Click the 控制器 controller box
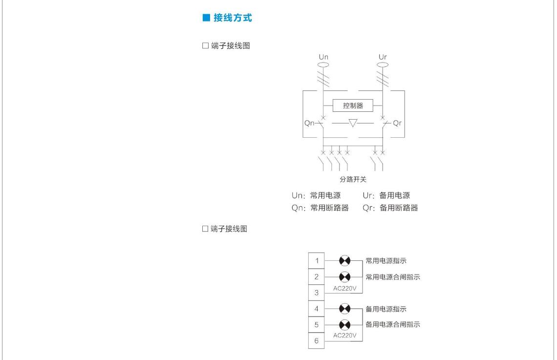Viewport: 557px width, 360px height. click(x=353, y=106)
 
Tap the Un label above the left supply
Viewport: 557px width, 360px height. click(x=323, y=57)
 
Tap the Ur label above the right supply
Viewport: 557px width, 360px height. click(x=383, y=57)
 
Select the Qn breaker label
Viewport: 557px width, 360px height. click(x=309, y=123)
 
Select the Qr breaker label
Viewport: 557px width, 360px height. click(x=397, y=123)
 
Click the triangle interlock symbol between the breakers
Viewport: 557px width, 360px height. click(x=353, y=123)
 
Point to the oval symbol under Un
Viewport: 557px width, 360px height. click(x=323, y=64)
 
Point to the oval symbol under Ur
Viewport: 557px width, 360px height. click(x=383, y=64)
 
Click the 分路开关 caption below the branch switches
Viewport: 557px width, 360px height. click(x=353, y=179)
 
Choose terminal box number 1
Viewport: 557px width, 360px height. click(x=317, y=260)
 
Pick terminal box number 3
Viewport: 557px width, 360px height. click(x=317, y=293)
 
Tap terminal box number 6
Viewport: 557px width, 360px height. click(x=317, y=341)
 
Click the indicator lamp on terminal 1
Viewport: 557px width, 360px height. click(x=344, y=260)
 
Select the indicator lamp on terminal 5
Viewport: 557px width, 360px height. click(x=344, y=324)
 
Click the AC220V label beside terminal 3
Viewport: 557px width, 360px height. click(x=344, y=288)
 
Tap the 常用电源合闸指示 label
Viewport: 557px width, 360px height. click(x=393, y=277)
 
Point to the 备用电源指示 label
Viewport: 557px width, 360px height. click(x=386, y=309)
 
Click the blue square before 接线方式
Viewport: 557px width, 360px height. click(x=206, y=18)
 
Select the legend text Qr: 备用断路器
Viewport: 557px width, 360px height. click(x=390, y=208)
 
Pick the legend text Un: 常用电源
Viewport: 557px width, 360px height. click(x=316, y=195)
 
